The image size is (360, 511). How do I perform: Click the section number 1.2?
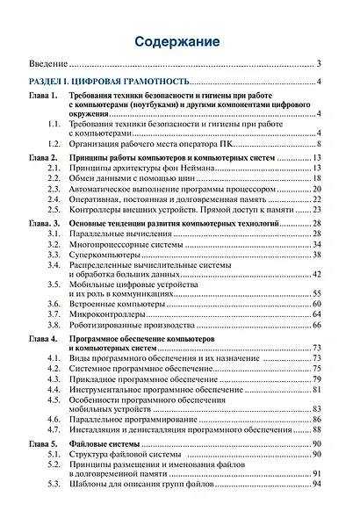54,143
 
